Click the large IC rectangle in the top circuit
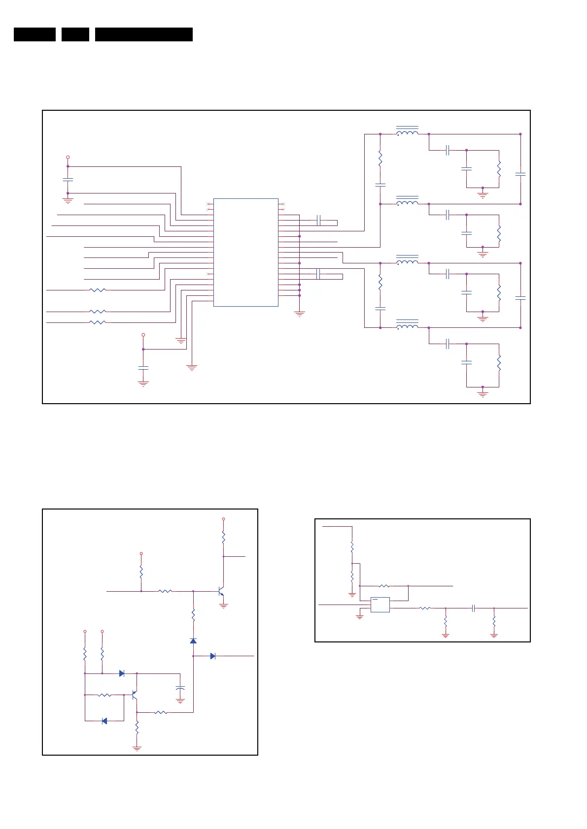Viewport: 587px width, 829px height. tap(245, 252)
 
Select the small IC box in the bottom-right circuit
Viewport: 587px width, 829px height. tap(380, 605)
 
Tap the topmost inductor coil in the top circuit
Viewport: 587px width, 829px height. tap(407, 133)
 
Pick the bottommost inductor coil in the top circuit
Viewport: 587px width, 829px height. tap(407, 326)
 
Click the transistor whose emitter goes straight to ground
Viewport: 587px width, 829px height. tap(221, 591)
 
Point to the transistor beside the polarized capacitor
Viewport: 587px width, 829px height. tap(134, 695)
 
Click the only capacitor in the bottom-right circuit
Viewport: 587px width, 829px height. tap(473, 608)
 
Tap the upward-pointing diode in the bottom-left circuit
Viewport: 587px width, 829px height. tap(193, 640)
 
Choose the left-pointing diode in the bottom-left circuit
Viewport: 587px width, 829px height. tap(104, 721)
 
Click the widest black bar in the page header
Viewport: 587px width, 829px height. tap(143, 34)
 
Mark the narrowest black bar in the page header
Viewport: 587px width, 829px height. tap(75, 34)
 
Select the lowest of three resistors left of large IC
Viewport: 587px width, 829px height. tap(98, 322)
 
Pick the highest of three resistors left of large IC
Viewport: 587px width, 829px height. tap(98, 290)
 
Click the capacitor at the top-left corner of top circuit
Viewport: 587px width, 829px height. tap(68, 180)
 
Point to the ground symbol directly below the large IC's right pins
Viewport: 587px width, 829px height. tap(299, 313)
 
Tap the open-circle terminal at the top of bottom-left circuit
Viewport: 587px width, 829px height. tap(223, 519)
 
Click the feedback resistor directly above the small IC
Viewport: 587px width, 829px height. tap(384, 586)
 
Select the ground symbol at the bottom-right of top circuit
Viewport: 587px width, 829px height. tap(483, 394)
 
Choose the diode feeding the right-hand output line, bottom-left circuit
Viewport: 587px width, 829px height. tap(212, 656)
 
